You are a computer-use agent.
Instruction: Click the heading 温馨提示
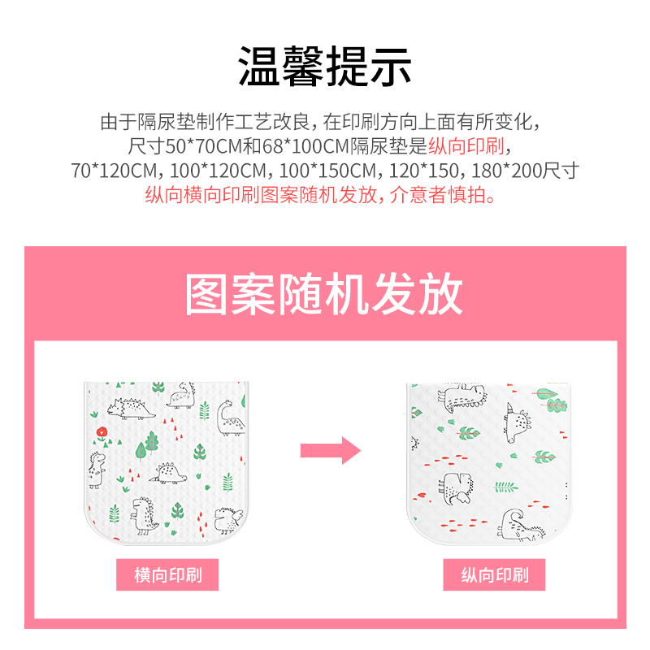click(x=325, y=67)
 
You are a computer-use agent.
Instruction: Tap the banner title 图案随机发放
click(x=325, y=295)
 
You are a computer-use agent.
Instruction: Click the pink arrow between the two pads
click(x=330, y=449)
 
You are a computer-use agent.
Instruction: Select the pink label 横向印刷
click(x=167, y=576)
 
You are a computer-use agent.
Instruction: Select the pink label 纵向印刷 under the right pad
click(x=494, y=576)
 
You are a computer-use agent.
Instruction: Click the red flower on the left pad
click(x=100, y=431)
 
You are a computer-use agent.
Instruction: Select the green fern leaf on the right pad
click(x=505, y=487)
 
